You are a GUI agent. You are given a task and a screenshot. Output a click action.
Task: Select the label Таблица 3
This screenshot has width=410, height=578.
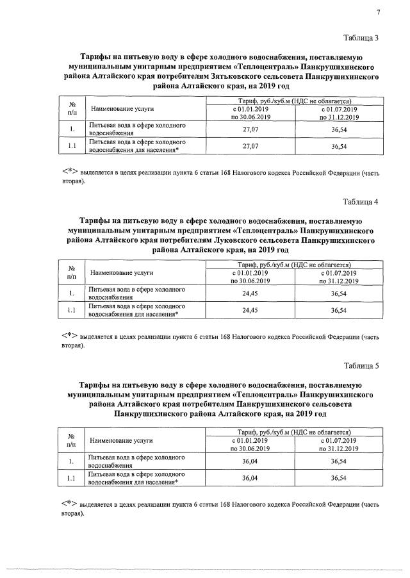(361, 37)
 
